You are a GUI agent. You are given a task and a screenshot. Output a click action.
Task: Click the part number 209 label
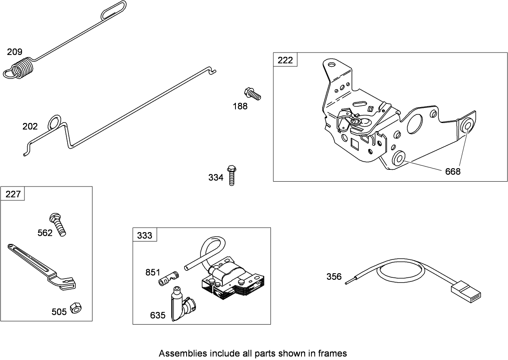15,52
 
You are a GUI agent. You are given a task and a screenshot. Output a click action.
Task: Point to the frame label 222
285,60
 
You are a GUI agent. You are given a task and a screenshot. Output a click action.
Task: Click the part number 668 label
453,171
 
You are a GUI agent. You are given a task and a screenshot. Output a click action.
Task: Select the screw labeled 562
57,224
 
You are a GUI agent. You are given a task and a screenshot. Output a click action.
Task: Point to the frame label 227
13,194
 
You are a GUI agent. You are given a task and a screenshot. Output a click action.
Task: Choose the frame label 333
145,235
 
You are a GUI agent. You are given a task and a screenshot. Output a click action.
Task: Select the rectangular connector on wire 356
466,292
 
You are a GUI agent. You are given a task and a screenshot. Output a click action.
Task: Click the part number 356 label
334,277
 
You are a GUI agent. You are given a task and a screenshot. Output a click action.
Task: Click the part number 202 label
30,126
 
